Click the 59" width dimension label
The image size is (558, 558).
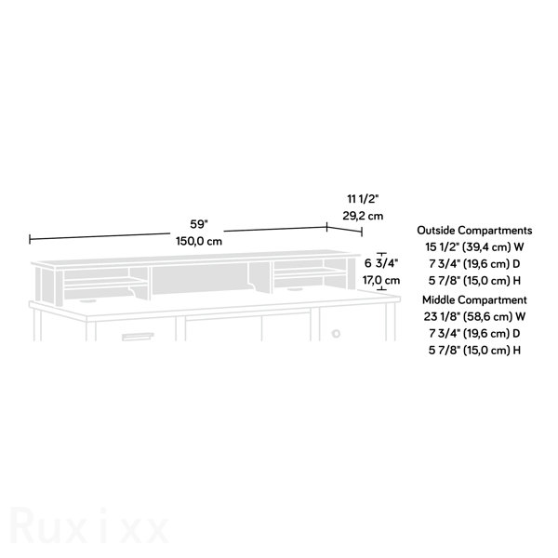tap(199, 224)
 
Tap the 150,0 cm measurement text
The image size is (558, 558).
tap(199, 241)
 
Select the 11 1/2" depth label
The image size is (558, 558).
tap(363, 199)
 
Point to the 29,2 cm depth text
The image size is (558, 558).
tap(363, 216)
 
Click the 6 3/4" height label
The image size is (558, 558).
tap(381, 263)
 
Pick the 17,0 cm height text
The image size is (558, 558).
tap(381, 281)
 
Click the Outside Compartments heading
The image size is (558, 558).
tap(474, 231)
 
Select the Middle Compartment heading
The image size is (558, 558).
tap(474, 300)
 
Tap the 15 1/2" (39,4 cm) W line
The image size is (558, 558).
tap(474, 246)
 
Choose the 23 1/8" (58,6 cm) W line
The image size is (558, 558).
tap(474, 316)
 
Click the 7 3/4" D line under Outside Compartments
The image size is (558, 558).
tap(474, 264)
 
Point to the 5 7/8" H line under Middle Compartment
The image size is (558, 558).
tap(474, 351)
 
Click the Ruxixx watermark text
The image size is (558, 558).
tap(89, 526)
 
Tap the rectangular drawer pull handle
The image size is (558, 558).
tap(138, 337)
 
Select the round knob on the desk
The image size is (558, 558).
tap(336, 334)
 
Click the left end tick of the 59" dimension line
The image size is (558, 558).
tap(30, 239)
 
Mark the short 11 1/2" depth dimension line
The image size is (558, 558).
tap(344, 230)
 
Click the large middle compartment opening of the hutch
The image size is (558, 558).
tap(201, 277)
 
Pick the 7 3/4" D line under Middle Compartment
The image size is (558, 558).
tap(474, 334)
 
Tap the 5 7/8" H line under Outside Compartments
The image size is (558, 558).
tap(474, 281)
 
